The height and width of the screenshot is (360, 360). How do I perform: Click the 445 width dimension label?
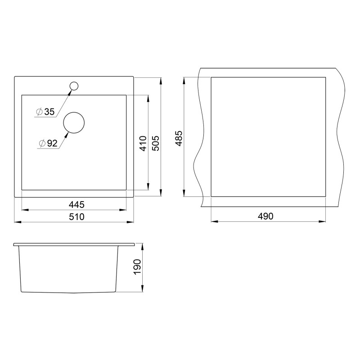pos(76,204)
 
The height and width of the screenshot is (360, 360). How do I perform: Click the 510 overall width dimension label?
pos(76,217)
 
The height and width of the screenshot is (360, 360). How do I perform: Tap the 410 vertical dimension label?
pos(143,144)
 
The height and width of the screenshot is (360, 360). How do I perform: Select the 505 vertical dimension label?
pos(155,144)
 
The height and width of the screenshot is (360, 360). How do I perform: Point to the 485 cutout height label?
pos(179,138)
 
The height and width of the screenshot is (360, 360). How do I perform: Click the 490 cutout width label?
pos(265,216)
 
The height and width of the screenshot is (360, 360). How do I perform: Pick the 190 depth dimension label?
pos(137,267)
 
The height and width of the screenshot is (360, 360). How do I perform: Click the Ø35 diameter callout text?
pos(45,112)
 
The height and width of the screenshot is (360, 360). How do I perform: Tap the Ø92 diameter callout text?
pos(48,144)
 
